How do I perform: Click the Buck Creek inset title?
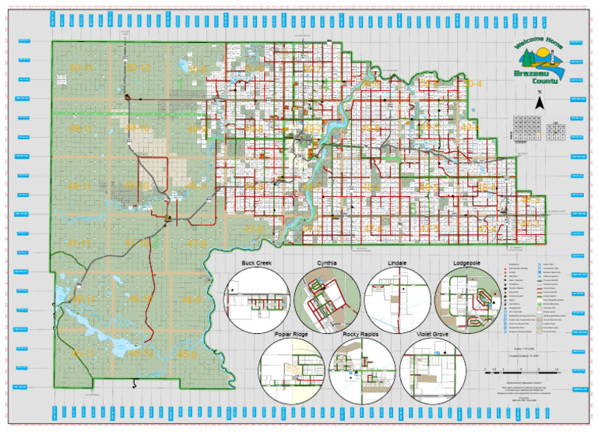click(x=255, y=263)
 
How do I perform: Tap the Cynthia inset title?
click(x=327, y=263)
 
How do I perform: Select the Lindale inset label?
click(x=399, y=263)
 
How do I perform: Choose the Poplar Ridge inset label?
click(x=291, y=335)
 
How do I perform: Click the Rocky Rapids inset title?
click(x=361, y=335)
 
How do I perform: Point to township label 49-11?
click(x=80, y=128)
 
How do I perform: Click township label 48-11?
click(x=80, y=187)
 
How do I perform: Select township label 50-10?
click(x=139, y=69)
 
